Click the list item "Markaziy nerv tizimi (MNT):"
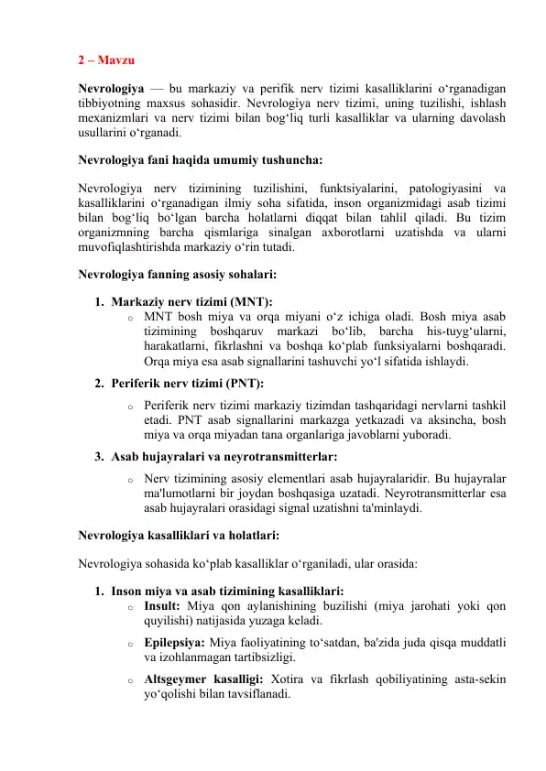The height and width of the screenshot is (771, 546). click(191, 302)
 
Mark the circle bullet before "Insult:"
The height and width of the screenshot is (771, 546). click(130, 605)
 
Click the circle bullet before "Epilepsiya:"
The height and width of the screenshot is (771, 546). click(130, 642)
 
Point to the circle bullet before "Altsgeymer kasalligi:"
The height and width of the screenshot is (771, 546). click(130, 679)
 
